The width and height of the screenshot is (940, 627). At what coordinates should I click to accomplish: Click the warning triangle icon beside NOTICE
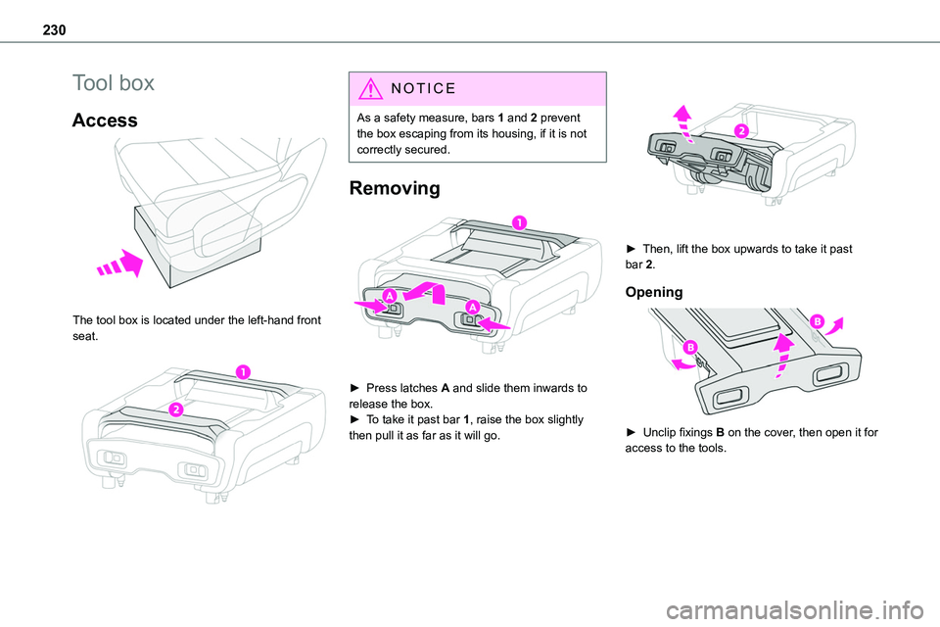368,88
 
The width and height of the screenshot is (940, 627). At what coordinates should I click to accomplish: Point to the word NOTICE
423,89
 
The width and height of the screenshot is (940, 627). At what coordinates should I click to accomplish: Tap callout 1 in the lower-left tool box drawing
239,370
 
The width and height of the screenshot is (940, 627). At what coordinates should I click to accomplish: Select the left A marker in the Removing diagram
390,296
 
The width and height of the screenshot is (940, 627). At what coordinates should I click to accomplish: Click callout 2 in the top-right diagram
740,131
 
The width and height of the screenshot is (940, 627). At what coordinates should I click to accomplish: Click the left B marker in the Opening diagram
689,348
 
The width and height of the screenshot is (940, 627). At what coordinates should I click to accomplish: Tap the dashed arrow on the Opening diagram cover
782,356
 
